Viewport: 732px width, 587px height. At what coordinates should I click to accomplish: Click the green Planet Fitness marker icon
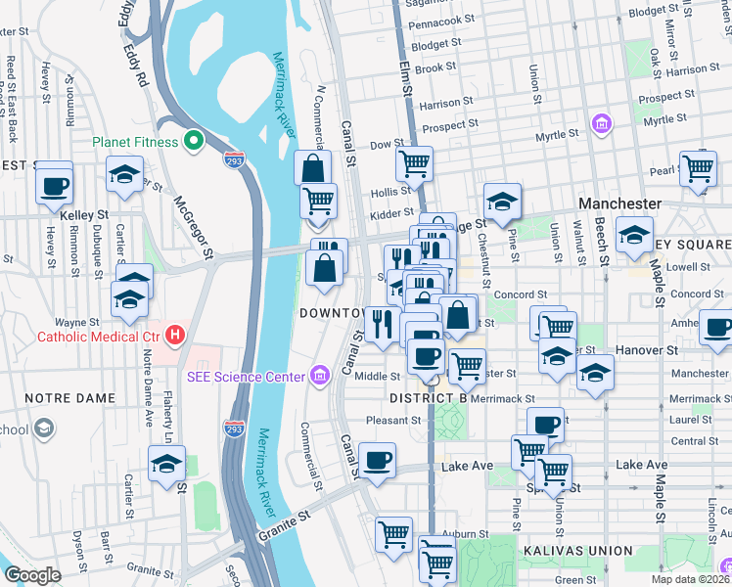[194, 142]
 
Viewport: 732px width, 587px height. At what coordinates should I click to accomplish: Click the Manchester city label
[619, 203]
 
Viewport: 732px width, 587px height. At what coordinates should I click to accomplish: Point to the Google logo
[32, 575]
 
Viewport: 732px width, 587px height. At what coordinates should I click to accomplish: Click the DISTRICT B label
[427, 399]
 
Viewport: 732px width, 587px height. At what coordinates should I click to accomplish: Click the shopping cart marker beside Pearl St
[699, 167]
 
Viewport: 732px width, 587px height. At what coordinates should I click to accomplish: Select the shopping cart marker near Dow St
[415, 162]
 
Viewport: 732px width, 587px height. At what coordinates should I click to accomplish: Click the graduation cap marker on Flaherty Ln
[167, 463]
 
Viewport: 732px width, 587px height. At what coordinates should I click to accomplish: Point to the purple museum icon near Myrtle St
[601, 123]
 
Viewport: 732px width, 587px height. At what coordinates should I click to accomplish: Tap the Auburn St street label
[464, 534]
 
